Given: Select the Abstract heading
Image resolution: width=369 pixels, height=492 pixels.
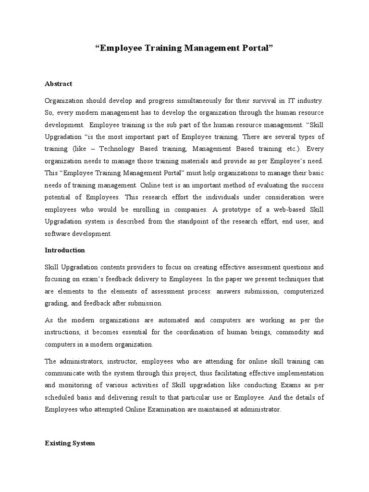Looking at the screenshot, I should tap(58, 84).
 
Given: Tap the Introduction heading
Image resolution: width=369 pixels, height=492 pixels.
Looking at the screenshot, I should tap(65, 250).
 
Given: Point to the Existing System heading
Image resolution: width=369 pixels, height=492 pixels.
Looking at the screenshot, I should tap(70, 443).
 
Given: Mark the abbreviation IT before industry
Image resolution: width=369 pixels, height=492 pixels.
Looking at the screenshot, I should tap(296, 101).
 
